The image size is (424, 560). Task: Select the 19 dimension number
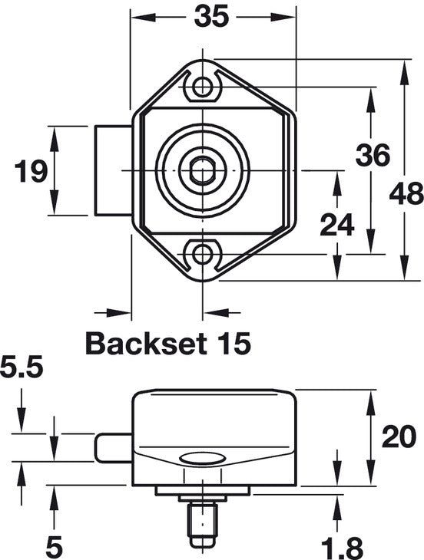31,171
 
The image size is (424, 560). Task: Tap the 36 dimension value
373,156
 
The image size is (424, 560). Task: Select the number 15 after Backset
231,343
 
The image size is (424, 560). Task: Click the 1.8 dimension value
340,546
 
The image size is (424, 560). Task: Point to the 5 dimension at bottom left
54,546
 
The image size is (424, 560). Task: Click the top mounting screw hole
202,86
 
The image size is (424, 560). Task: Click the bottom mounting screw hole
202,253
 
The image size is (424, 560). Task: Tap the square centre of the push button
202,169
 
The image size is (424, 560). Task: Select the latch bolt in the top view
112,171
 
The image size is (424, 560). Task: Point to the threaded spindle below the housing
202,522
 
